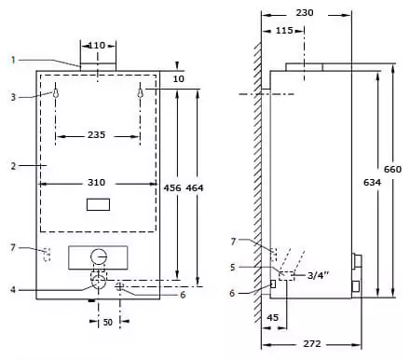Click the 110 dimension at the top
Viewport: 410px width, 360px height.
tap(97, 46)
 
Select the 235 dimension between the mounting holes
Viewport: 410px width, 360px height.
tap(96, 135)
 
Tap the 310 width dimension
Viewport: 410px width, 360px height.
tap(96, 182)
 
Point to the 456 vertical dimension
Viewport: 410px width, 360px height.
tap(172, 187)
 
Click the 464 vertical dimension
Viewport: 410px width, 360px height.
tap(195, 187)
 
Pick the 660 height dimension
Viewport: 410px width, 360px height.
tap(392, 170)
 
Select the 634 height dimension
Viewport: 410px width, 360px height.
tap(372, 183)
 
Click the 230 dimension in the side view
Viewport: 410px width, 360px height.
tap(305, 13)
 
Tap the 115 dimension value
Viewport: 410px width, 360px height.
tap(284, 31)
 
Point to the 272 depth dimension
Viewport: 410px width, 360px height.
tap(312, 344)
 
